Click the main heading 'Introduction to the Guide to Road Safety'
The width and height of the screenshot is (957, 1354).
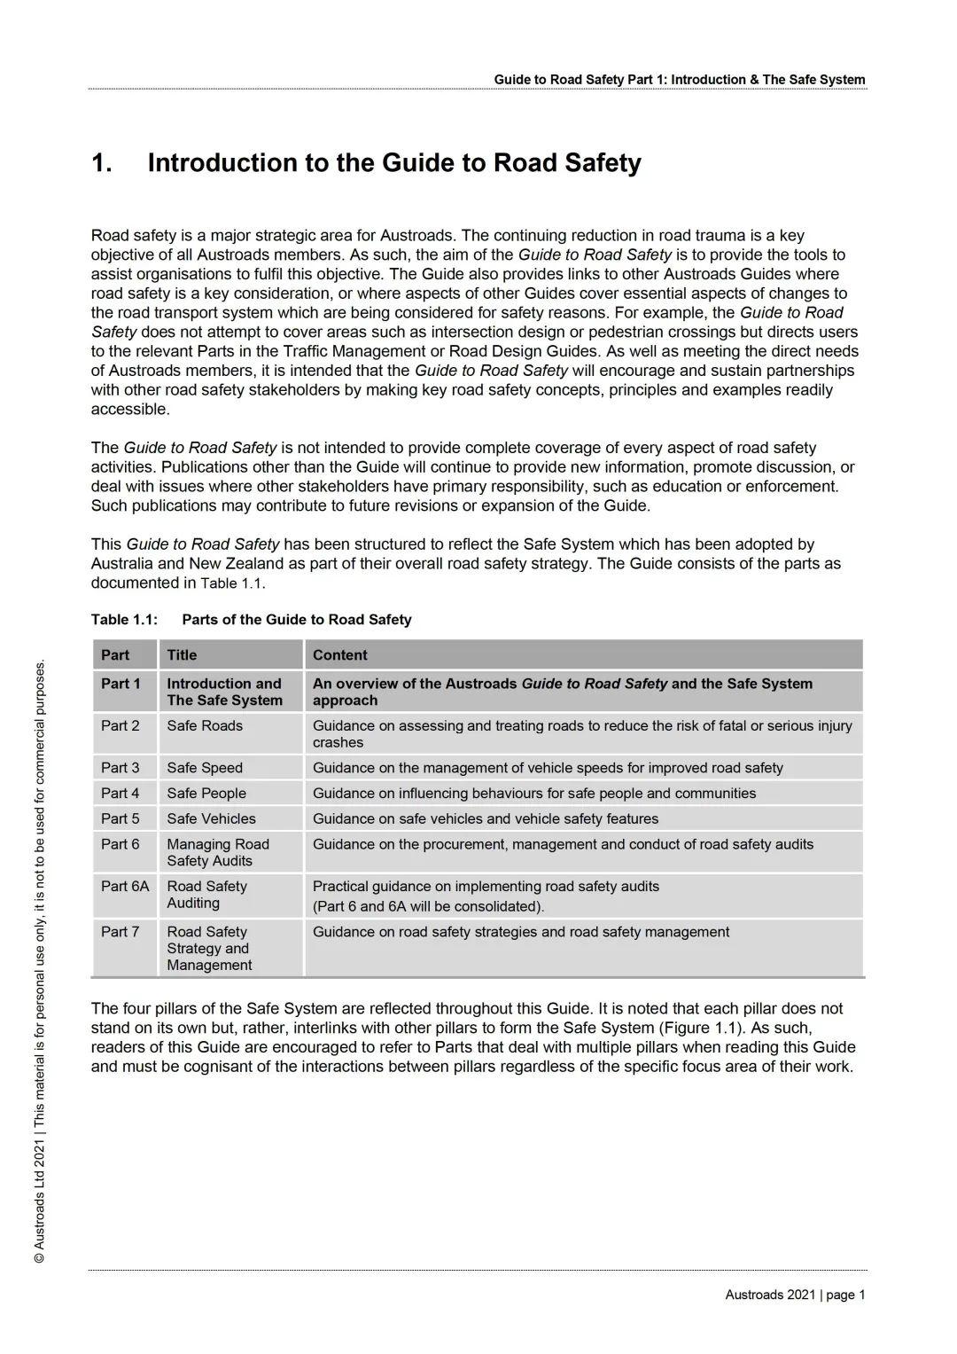[x=394, y=163]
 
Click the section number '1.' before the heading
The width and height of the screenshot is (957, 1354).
[x=102, y=163]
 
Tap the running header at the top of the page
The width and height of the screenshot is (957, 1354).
[x=679, y=80]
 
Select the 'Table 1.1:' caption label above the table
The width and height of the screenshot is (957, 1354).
[x=124, y=620]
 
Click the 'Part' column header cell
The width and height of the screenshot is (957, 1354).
[x=115, y=655]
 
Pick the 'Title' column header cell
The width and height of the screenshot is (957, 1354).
[x=182, y=655]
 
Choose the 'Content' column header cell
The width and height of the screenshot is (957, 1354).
[x=339, y=655]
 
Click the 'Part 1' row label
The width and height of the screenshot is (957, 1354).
[x=121, y=684]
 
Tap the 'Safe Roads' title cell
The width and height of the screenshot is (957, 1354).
[x=205, y=726]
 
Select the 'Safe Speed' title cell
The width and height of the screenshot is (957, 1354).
[x=205, y=768]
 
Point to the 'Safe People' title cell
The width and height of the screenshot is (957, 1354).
[x=206, y=794]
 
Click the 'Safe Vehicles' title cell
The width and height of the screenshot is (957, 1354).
[x=211, y=819]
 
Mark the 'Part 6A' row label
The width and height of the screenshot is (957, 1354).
[x=125, y=887]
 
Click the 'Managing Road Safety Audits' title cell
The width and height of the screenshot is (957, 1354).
[x=217, y=853]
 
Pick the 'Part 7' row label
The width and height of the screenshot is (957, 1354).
[x=121, y=932]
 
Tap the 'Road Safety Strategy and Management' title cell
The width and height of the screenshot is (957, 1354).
[x=209, y=949]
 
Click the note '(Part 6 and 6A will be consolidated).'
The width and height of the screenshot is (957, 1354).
[x=428, y=907]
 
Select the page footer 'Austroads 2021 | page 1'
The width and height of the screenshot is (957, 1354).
[x=795, y=1295]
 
